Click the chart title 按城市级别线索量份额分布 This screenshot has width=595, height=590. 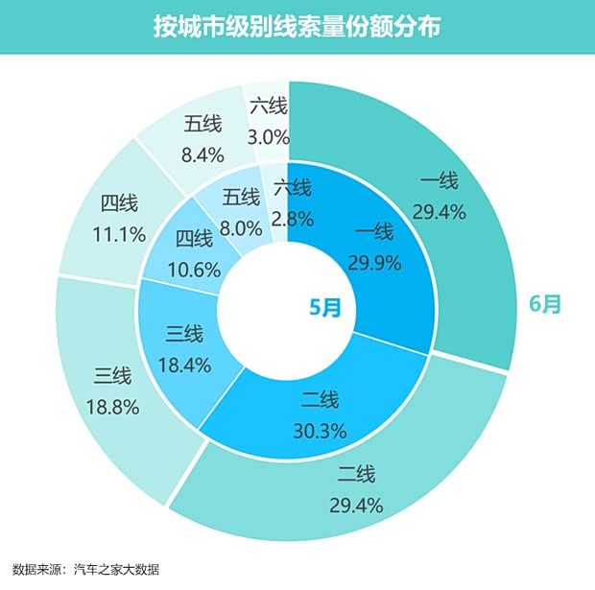(x=297, y=26)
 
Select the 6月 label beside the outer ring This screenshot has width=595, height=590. (x=545, y=304)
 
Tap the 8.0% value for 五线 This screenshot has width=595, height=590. (x=241, y=228)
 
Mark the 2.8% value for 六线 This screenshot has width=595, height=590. (x=293, y=218)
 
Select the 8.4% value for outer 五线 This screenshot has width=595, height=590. (x=203, y=153)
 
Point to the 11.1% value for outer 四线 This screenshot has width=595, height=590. (x=121, y=233)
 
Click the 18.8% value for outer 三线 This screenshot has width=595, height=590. (x=117, y=407)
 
